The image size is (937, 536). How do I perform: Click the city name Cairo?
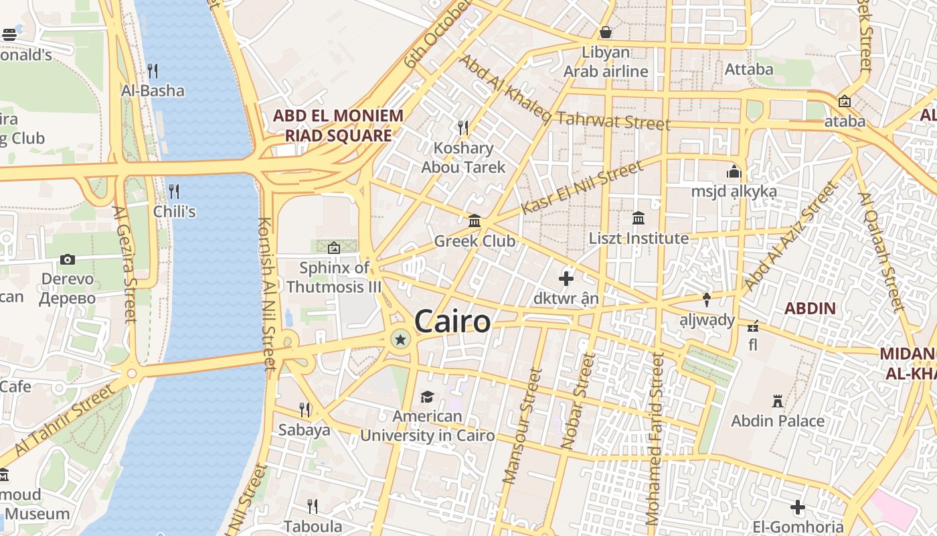[x=452, y=322]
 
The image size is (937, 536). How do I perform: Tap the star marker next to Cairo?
[x=400, y=340]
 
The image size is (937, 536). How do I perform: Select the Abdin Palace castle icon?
[x=777, y=401]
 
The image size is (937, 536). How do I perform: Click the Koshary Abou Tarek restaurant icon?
[x=462, y=127]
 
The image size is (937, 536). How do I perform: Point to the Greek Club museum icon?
[x=475, y=220]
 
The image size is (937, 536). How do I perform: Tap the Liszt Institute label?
[x=638, y=239]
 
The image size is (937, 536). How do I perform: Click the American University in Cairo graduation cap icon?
[x=427, y=397]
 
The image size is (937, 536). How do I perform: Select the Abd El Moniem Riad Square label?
[x=338, y=125]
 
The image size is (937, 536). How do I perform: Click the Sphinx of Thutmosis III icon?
[x=333, y=248]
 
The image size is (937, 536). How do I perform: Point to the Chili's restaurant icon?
[x=174, y=192]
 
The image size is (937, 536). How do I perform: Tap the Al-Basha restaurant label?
[x=153, y=90]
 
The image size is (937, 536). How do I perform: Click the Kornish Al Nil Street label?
[x=267, y=295]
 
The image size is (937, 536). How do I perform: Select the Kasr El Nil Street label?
[x=580, y=188]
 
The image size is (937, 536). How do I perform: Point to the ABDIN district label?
[x=810, y=309]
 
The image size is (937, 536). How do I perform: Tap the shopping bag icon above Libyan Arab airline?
[x=606, y=32]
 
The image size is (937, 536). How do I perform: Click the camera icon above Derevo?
[x=67, y=259]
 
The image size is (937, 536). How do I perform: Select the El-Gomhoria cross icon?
[x=797, y=507]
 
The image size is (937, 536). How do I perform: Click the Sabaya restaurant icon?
[x=305, y=409]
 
